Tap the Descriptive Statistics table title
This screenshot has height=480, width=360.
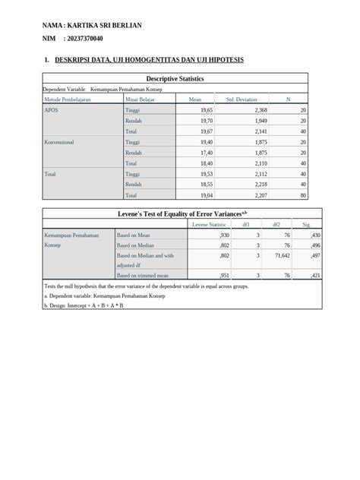click(175, 78)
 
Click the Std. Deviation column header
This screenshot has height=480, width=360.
click(241, 99)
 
